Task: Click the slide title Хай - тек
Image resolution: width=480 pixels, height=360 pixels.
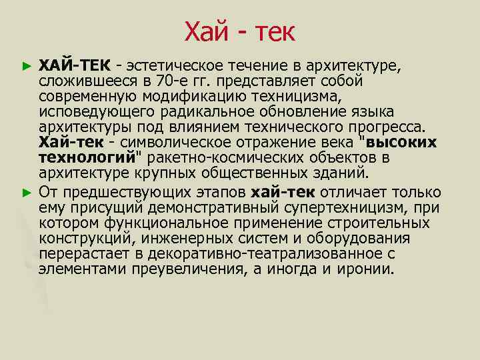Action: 239,31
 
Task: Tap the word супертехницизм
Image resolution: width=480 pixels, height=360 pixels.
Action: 345,208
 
